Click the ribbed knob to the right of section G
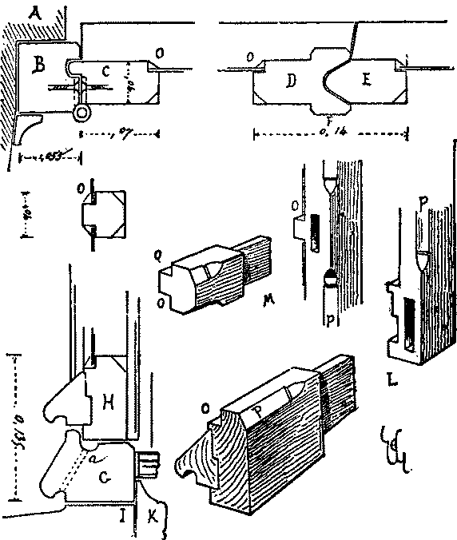click(x=150, y=465)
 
